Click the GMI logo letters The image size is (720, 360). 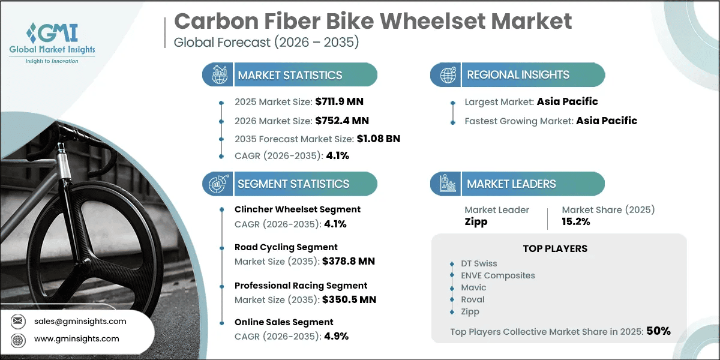(x=52, y=33)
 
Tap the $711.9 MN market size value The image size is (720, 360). (x=339, y=101)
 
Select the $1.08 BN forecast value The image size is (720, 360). (x=379, y=139)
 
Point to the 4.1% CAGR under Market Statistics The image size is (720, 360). (x=337, y=155)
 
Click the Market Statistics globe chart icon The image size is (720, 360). (x=219, y=74)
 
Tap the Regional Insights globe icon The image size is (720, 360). (x=448, y=75)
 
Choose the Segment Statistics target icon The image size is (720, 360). (x=218, y=184)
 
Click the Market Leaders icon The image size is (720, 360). (x=448, y=184)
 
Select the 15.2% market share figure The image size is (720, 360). (x=575, y=221)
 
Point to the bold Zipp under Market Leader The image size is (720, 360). (x=476, y=222)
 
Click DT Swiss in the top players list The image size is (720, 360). (x=479, y=263)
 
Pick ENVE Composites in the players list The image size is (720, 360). (x=498, y=275)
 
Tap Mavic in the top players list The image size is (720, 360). (x=473, y=287)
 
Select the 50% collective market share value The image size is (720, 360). (x=658, y=331)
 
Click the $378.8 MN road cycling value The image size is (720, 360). (x=349, y=262)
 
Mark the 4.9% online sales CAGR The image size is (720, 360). (x=336, y=336)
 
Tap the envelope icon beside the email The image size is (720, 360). (x=18, y=321)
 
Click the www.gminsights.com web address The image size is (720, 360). (x=77, y=339)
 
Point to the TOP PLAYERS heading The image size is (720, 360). (x=555, y=248)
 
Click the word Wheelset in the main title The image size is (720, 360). (x=433, y=22)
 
